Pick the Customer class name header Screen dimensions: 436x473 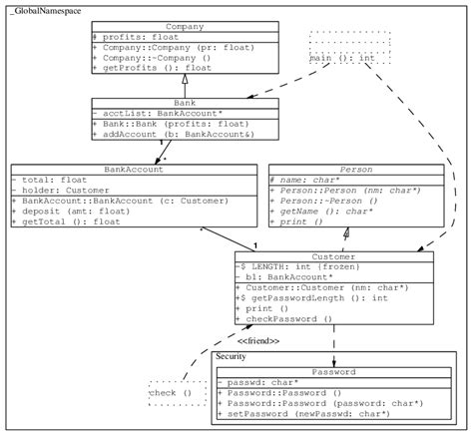333,256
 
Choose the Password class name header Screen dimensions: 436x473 332,371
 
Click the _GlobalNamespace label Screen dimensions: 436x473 44,9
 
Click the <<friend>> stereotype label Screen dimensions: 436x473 257,340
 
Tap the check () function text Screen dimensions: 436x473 171,393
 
